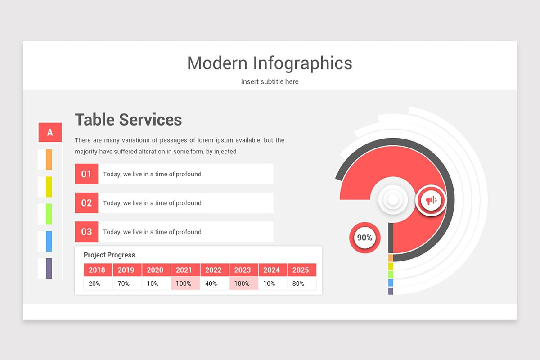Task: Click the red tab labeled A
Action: pos(50,132)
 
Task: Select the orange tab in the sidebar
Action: pos(49,159)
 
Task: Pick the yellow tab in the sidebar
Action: pos(49,187)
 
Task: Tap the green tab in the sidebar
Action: pos(49,214)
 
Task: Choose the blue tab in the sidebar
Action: pos(49,241)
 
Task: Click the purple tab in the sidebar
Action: pos(49,268)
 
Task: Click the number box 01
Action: pos(86,174)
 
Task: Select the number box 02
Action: pos(86,203)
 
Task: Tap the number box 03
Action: pos(86,232)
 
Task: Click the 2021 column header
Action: pos(184,270)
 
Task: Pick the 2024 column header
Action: pos(271,270)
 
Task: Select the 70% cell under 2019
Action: pos(124,283)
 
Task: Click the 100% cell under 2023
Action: pos(242,283)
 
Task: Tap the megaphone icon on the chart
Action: pos(431,200)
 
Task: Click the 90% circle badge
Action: pos(364,238)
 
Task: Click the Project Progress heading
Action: pos(109,255)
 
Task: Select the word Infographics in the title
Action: pos(302,63)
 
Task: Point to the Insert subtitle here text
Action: pos(270,81)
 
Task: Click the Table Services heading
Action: pos(128,120)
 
